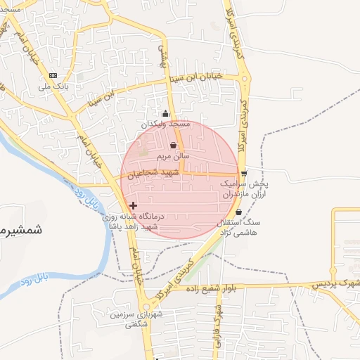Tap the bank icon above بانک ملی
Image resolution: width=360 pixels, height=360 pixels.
tap(53, 75)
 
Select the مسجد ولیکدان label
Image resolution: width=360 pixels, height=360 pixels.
tap(166, 124)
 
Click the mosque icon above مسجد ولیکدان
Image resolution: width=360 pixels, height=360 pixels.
tap(165, 114)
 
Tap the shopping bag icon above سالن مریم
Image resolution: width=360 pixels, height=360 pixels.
tap(173, 146)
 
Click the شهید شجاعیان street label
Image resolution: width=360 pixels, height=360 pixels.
tap(152, 173)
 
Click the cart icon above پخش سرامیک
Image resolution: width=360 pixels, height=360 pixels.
tap(243, 173)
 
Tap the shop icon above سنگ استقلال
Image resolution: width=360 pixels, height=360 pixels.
tap(238, 212)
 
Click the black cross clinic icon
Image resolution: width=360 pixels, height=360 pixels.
tap(134, 206)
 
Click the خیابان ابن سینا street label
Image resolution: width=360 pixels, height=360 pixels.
tap(198, 76)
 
